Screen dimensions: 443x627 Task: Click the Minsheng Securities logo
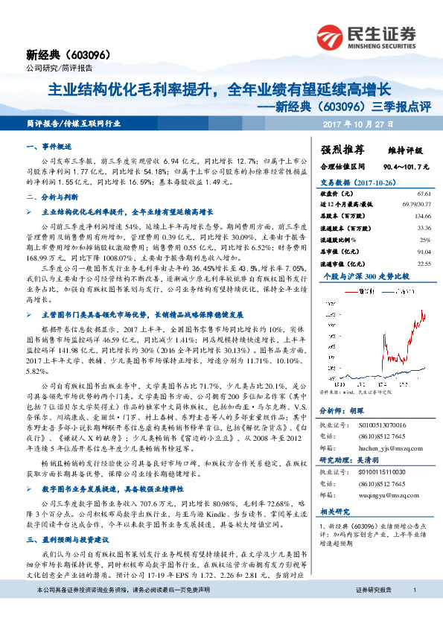click(x=372, y=36)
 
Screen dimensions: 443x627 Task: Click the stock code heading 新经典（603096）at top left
click(x=68, y=54)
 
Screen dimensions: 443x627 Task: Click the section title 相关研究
click(x=335, y=512)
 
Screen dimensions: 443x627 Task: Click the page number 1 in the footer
click(x=415, y=610)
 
